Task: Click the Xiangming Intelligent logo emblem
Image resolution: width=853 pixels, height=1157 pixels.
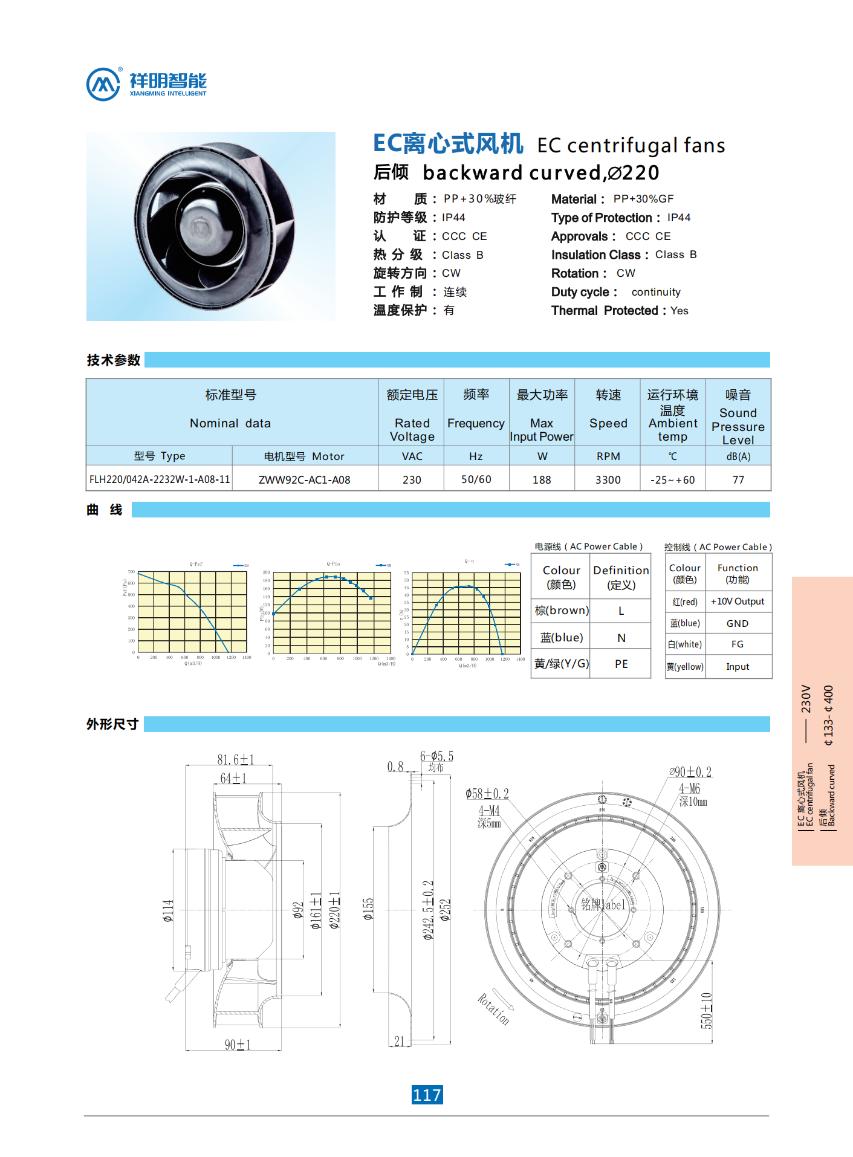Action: (103, 85)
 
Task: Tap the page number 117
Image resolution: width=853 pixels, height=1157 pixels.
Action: (427, 1095)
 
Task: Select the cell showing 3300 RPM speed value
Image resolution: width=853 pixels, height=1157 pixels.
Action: (608, 479)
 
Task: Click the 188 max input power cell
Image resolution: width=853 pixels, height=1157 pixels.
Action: (542, 479)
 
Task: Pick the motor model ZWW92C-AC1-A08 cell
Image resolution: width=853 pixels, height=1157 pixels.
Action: (305, 479)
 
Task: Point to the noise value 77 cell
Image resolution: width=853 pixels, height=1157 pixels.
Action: (738, 479)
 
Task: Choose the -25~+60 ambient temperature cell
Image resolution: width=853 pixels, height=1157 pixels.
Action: (672, 479)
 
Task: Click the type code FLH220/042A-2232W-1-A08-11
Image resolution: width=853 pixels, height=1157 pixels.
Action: (160, 479)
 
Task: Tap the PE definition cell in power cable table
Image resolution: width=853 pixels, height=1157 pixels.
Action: (621, 664)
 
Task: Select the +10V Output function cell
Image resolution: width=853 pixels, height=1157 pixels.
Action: (738, 601)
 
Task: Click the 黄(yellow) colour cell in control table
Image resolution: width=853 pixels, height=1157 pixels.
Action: (685, 667)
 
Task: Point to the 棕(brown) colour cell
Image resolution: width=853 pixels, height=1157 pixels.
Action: (561, 611)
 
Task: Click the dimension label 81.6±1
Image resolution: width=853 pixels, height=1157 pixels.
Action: (236, 759)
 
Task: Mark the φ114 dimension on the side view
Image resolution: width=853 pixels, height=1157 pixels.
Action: (167, 910)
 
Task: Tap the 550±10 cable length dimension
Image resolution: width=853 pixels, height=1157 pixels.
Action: (706, 1010)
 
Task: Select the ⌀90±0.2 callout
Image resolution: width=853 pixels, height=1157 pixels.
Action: (690, 772)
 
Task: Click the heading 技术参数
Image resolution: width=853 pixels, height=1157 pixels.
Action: (114, 360)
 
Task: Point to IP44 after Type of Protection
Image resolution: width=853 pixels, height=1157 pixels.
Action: (679, 218)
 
